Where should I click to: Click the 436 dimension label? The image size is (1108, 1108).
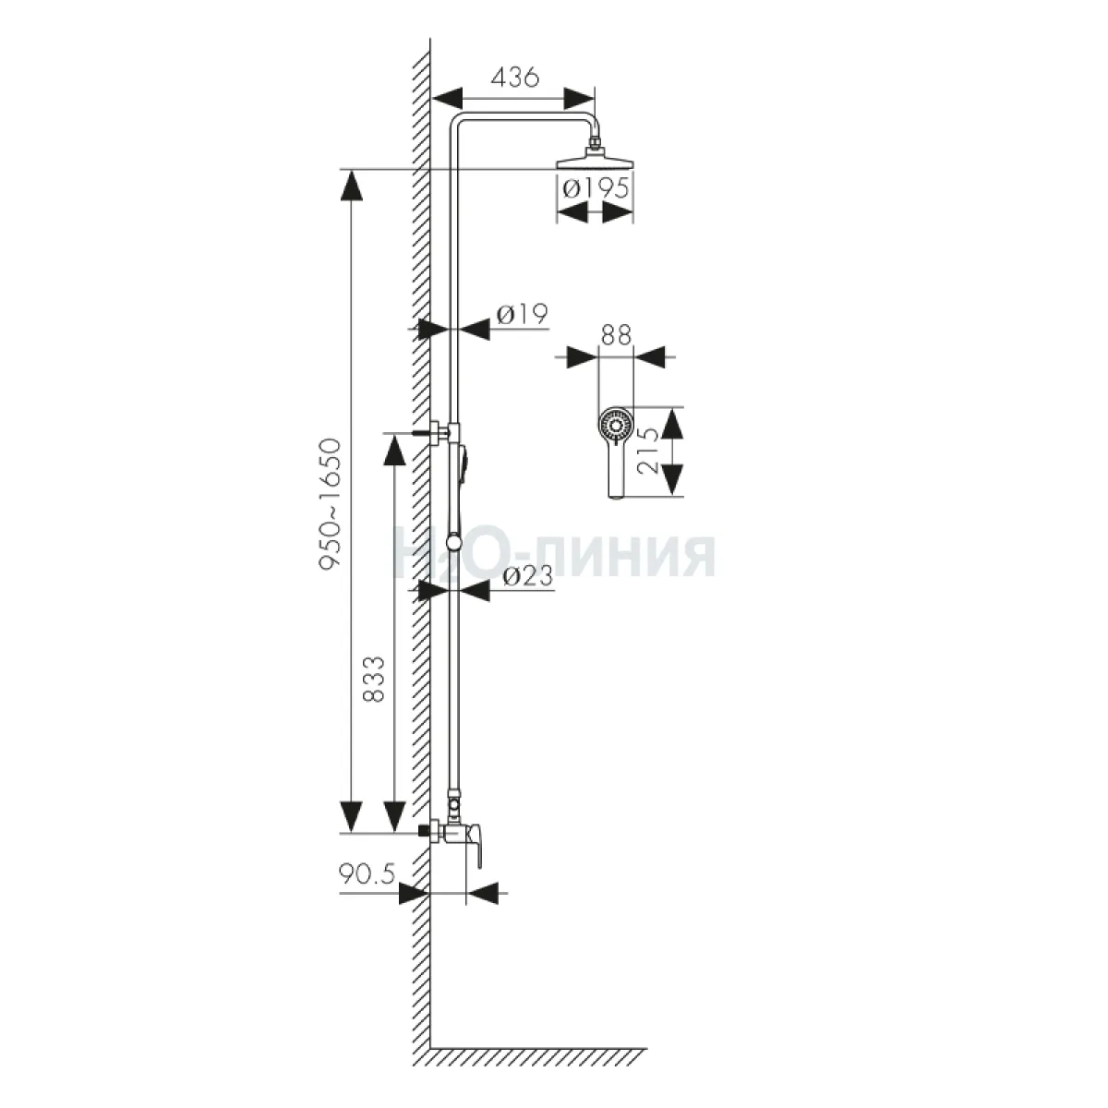coord(514,77)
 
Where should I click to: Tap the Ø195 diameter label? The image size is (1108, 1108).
coord(596,188)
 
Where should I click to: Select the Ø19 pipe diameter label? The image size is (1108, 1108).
coord(522,315)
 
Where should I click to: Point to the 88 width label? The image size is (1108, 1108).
coord(615,335)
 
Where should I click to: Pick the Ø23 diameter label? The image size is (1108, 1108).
coord(527,577)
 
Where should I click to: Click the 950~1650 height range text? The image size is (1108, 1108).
coord(331,504)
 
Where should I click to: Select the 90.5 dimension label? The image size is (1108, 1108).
coord(367,874)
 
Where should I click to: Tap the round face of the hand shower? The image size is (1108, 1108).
coord(615,426)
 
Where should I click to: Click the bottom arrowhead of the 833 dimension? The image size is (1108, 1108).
coord(394,816)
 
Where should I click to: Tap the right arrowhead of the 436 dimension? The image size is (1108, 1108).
coord(578,98)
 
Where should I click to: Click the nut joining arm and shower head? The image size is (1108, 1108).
coord(595,140)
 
